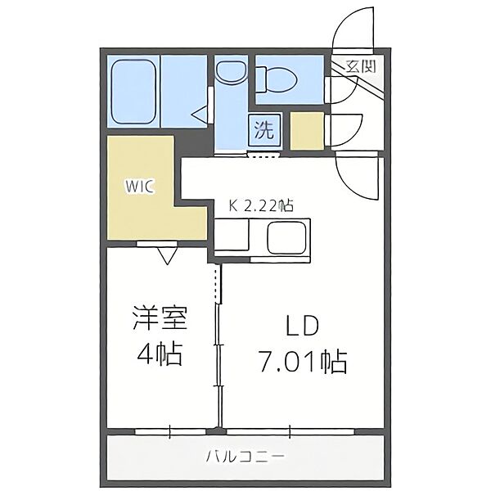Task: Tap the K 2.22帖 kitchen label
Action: (x=260, y=208)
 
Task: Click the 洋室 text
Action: (x=160, y=318)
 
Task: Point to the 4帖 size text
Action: (x=160, y=356)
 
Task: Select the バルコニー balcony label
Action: (x=245, y=456)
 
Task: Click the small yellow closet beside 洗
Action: (x=308, y=132)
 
